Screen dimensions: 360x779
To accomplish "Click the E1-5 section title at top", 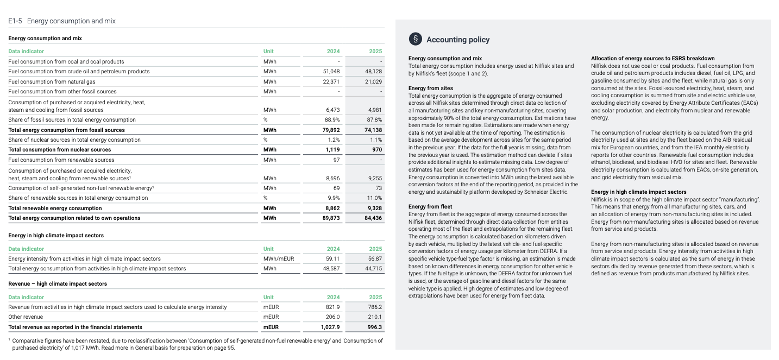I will pos(62,21).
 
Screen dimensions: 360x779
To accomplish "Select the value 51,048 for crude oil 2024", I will pos(331,72).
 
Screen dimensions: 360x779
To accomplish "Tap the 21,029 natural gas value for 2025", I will pos(373,81).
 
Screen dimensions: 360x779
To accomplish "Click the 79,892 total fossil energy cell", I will pos(331,130).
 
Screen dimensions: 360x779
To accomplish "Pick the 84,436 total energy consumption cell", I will pos(373,218).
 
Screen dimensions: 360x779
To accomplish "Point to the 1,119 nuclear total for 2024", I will pos(332,150).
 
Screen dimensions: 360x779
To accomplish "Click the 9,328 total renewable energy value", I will pos(375,209).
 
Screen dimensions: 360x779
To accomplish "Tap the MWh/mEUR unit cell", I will pos(278,259).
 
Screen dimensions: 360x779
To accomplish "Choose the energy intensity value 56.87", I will pos(375,259).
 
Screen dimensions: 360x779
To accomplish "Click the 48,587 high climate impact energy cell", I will pos(331,269).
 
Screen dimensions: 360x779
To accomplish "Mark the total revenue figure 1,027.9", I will pos(330,327).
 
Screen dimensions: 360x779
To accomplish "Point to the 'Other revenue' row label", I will pos(26,317).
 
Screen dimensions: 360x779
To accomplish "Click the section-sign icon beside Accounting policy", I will pos(415,39).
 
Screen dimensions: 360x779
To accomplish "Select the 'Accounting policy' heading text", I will pos(458,40).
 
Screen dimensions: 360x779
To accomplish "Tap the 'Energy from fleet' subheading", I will pos(430,206).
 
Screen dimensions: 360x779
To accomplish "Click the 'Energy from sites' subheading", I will pos(430,88).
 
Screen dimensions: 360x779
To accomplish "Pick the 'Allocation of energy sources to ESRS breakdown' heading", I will pos(652,58).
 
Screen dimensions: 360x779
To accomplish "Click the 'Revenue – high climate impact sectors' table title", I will pos(58,284).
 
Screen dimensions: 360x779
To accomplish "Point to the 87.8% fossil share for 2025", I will pos(375,120).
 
